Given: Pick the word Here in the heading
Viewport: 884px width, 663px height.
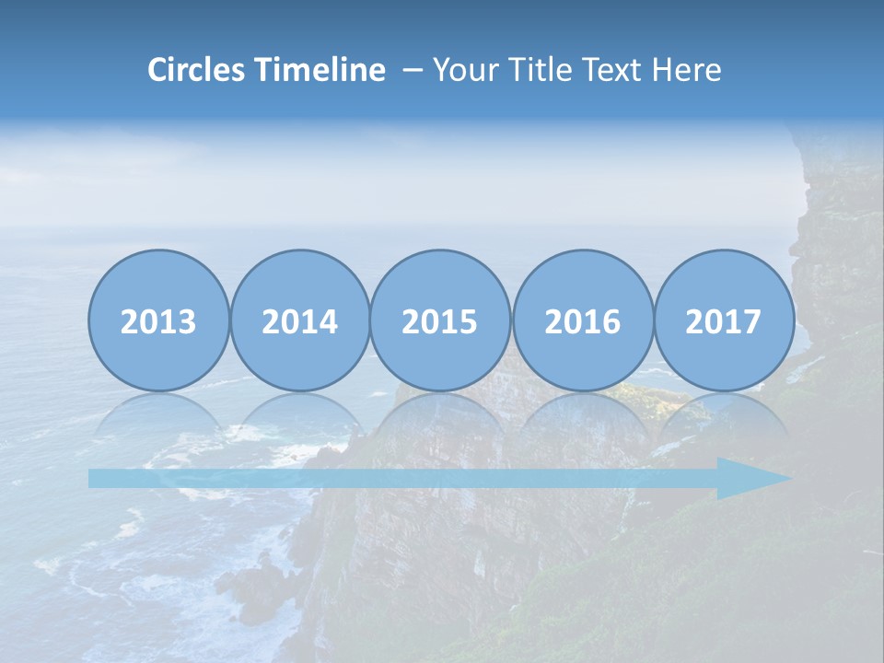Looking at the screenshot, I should [x=687, y=70].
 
